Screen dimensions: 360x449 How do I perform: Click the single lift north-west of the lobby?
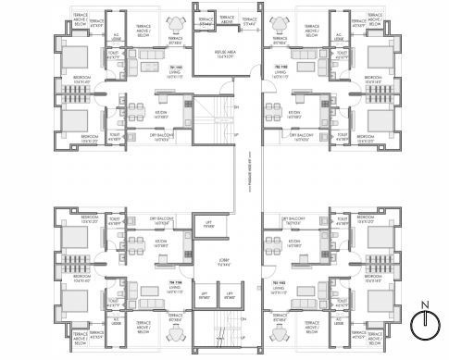pyautogui.click(x=208, y=225)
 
